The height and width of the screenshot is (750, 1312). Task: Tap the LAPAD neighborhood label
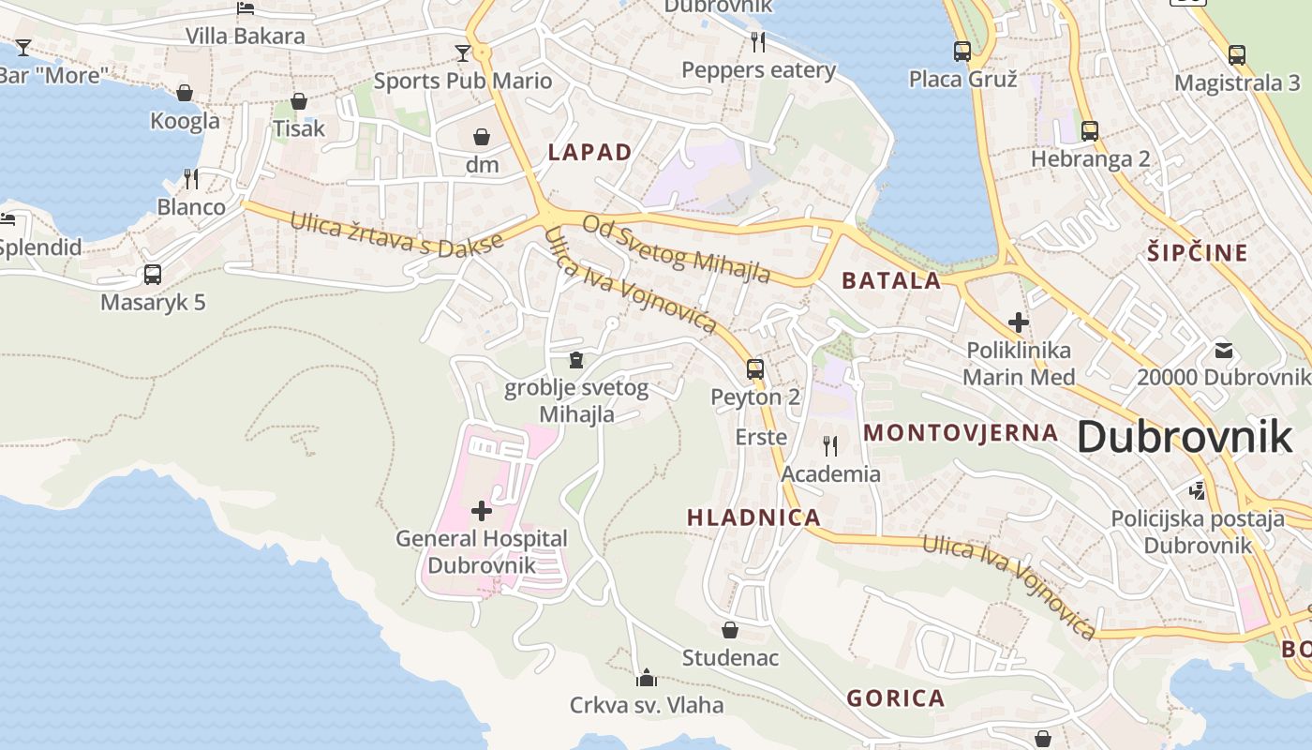click(x=589, y=152)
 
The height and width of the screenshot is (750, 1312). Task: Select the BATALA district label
click(x=890, y=280)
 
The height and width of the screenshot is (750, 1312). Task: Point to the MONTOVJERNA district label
click(x=961, y=432)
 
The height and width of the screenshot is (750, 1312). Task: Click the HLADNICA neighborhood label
click(x=753, y=517)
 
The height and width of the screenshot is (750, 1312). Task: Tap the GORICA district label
click(x=895, y=697)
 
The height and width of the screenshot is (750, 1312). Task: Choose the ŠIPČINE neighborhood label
click(x=1198, y=252)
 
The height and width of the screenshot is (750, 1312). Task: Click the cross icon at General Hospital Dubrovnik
click(x=482, y=511)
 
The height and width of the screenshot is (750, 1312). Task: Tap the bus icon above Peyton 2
click(x=755, y=368)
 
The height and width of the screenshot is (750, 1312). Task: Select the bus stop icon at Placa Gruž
click(x=962, y=52)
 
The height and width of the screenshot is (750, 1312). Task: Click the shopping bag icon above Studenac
click(x=730, y=630)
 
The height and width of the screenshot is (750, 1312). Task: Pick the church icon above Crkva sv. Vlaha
click(x=646, y=677)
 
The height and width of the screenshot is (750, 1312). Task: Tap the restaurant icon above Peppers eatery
click(x=758, y=42)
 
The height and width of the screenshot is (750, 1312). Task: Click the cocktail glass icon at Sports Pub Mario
click(x=463, y=52)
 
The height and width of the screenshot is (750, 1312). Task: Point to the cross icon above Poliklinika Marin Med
click(x=1019, y=323)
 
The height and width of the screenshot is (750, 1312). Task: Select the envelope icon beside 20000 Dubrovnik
click(x=1224, y=351)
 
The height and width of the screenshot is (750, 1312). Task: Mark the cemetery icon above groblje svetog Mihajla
click(x=576, y=360)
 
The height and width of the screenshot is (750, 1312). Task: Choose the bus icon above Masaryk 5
click(x=153, y=275)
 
